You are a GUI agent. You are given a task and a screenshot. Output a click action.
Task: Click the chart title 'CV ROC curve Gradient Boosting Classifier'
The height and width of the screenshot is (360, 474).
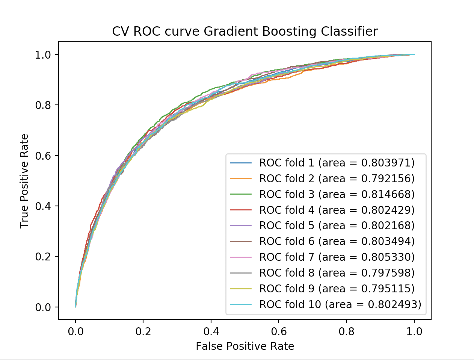click(245, 32)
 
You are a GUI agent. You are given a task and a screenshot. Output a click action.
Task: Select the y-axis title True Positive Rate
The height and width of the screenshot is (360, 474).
click(24, 181)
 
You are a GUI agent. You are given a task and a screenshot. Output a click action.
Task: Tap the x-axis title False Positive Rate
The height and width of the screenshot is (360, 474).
click(245, 346)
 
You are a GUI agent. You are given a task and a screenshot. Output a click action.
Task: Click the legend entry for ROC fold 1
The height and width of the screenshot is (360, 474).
click(337, 163)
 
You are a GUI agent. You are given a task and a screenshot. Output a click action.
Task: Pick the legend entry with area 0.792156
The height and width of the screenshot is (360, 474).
click(337, 178)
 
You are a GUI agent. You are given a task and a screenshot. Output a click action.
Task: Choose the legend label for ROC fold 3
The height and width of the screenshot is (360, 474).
click(337, 194)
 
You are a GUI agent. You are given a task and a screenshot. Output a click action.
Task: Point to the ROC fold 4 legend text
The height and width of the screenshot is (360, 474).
click(337, 210)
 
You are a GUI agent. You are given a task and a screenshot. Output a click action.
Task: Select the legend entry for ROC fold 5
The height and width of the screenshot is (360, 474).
click(337, 225)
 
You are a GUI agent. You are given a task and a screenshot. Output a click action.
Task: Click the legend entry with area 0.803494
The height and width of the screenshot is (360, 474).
click(337, 241)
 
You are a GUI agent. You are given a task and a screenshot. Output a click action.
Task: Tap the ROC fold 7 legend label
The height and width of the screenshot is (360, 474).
click(337, 257)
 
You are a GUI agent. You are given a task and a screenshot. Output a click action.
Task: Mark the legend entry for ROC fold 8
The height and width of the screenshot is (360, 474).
click(337, 273)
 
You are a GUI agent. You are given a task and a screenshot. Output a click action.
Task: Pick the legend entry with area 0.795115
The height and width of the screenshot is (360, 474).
click(337, 289)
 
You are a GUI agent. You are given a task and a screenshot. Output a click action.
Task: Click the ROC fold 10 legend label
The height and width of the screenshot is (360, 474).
click(340, 304)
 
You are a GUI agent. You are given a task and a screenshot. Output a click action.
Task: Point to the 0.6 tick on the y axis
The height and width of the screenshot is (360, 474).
click(43, 156)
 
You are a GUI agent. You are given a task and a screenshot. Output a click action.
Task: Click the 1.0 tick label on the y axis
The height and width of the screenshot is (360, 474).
click(43, 55)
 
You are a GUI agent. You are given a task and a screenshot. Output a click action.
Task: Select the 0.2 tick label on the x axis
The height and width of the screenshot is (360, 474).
click(143, 331)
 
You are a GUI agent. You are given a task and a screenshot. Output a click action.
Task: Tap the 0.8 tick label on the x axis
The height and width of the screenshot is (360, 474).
click(346, 331)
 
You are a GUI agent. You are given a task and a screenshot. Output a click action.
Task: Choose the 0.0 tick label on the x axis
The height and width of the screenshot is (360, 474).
click(75, 331)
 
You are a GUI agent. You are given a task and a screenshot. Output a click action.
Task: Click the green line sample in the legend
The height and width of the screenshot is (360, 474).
click(241, 194)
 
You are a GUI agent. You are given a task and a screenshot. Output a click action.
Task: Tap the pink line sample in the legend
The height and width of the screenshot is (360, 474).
click(241, 257)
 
